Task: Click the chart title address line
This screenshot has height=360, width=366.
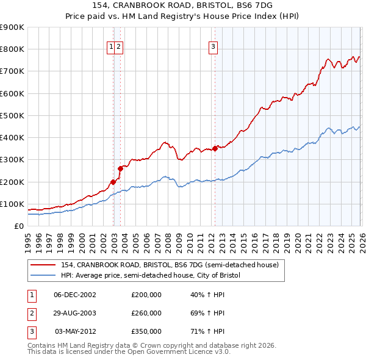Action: pyautogui.click(x=182, y=6)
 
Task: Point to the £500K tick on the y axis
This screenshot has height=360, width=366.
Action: pyautogui.click(x=12, y=115)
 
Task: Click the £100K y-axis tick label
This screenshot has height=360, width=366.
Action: pyautogui.click(x=12, y=204)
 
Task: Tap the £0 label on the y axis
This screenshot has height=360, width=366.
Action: pyautogui.click(x=18, y=226)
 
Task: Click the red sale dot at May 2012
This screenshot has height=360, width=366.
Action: pyautogui.click(x=215, y=148)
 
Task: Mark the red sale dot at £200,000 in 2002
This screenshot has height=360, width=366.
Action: pyautogui.click(x=113, y=181)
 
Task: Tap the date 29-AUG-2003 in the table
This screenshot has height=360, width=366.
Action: pyautogui.click(x=74, y=313)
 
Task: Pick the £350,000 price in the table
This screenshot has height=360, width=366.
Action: pyautogui.click(x=146, y=331)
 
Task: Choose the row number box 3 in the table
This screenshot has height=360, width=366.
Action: pyautogui.click(x=31, y=331)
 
